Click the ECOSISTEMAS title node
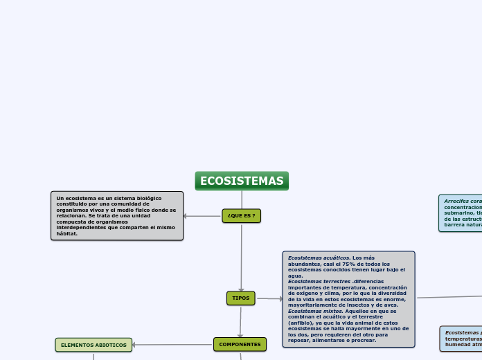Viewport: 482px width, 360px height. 242,181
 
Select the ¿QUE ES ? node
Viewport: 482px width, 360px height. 241,216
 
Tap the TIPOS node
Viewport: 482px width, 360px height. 241,298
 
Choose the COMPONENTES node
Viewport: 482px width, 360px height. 240,344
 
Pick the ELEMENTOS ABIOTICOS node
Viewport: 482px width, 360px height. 93,344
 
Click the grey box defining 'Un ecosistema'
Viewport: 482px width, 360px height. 116,215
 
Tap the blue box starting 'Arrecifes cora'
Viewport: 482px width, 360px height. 461,213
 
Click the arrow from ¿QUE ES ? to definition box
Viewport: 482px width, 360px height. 202,216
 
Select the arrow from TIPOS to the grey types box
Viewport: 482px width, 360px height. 270,299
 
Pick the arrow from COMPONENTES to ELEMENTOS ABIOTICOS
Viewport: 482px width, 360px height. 173,344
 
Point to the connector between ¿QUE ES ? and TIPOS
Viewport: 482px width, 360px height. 242,256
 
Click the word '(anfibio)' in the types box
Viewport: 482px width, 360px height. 300,323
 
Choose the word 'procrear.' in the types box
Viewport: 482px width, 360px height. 364,340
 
